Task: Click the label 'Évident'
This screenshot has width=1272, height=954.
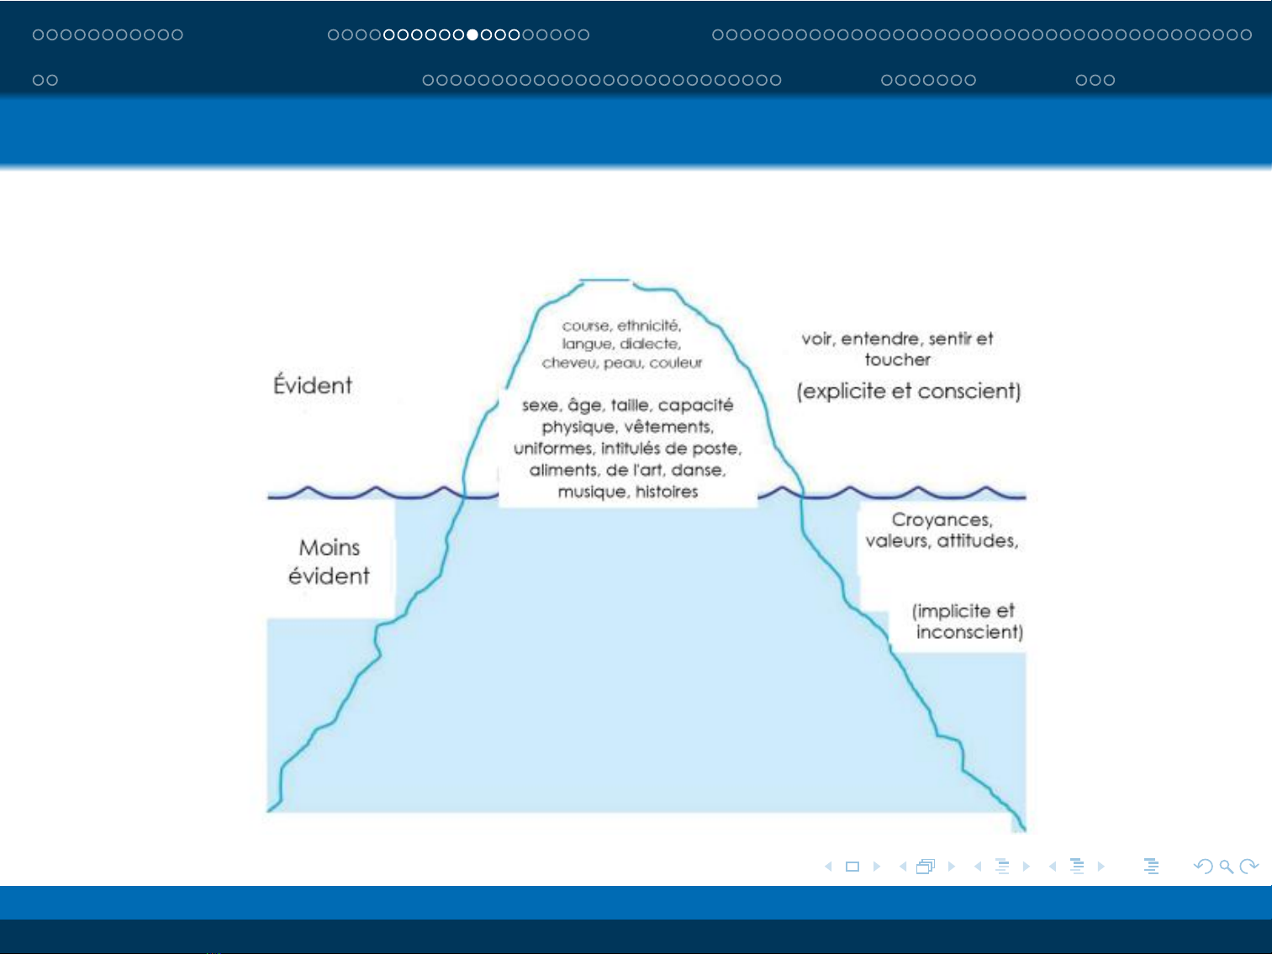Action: point(313,385)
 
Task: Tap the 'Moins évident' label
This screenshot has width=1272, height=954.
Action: point(329,561)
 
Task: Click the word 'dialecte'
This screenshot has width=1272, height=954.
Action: point(650,344)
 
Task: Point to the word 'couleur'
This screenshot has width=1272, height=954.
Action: point(676,363)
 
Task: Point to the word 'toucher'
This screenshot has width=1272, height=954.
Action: point(898,360)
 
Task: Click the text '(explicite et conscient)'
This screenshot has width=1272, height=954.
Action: point(909,391)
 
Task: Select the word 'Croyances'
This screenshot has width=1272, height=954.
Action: point(942,519)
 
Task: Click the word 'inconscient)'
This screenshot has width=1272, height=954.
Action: point(969,632)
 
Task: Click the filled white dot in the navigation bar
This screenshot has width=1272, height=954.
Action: point(472,34)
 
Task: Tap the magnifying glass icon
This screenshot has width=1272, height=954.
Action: point(1226,867)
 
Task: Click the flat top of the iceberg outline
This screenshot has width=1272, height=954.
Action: point(605,281)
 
